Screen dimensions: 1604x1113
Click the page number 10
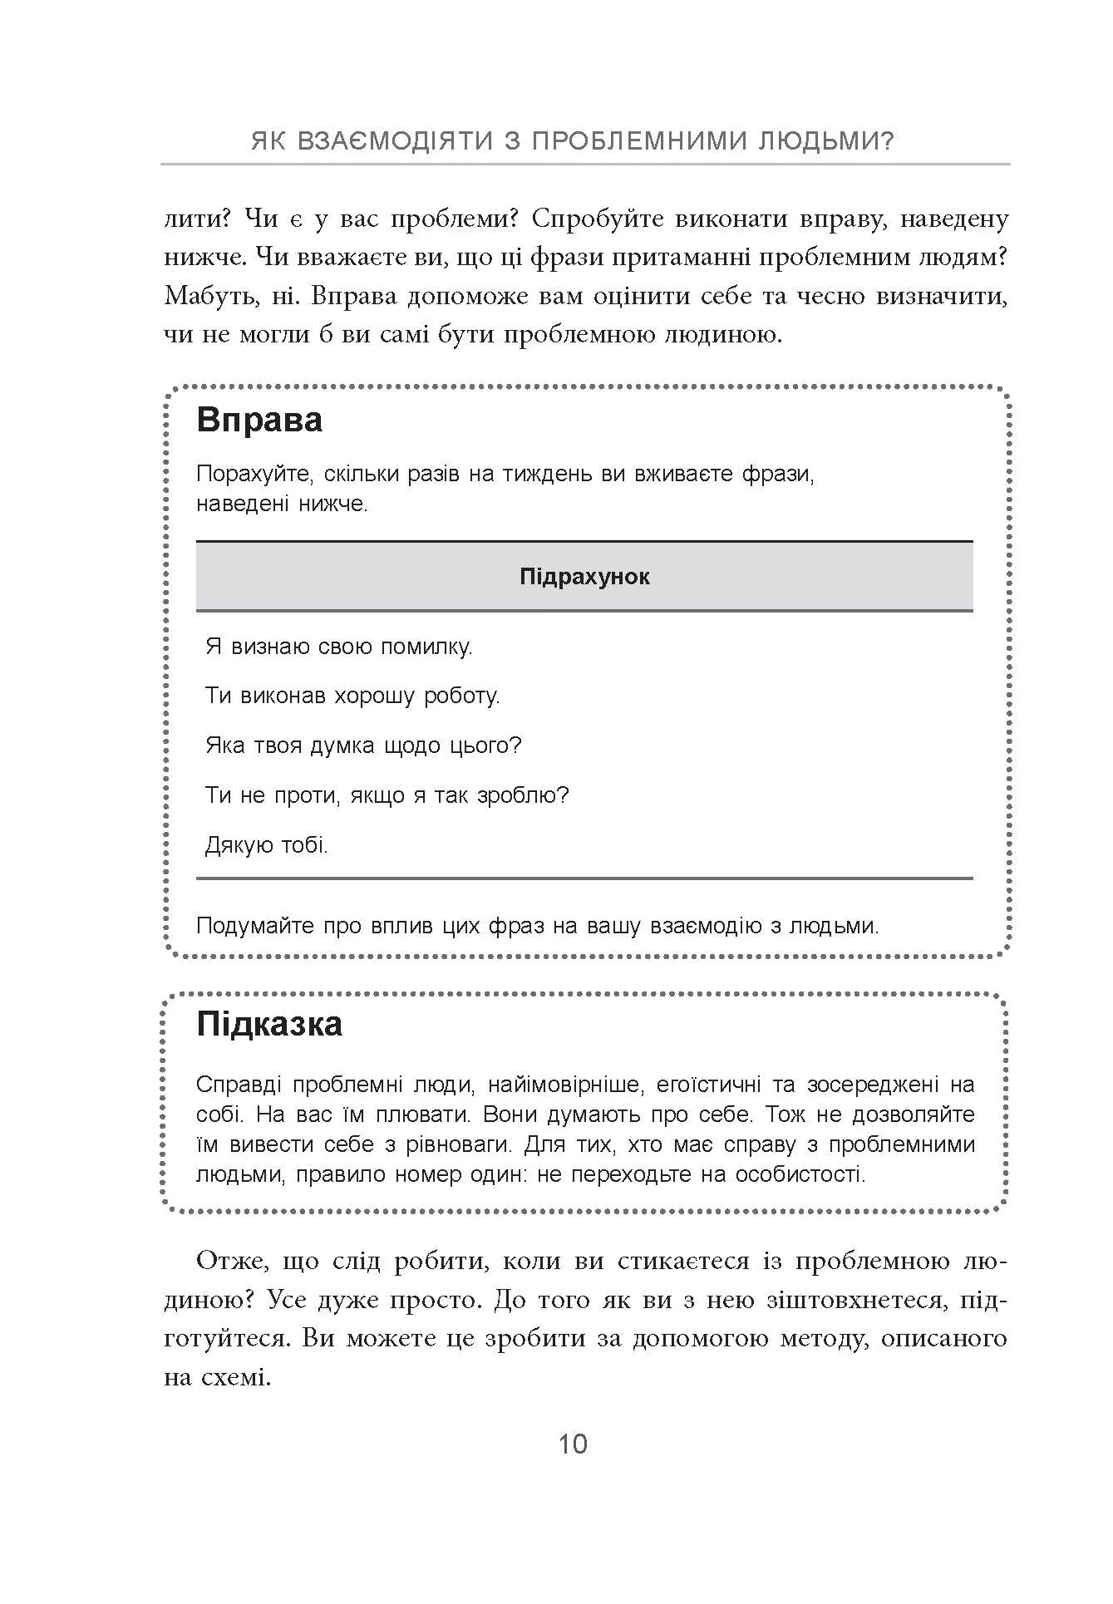[x=573, y=1444]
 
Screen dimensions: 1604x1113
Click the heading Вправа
[x=259, y=420]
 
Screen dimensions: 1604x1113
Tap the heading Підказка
[x=269, y=1024]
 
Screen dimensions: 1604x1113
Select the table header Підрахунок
[x=584, y=577]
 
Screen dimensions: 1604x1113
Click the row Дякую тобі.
[x=267, y=846]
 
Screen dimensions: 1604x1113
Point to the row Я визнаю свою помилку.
[x=339, y=647]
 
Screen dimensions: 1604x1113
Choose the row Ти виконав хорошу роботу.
[x=352, y=696]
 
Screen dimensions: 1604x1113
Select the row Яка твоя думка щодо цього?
[x=363, y=745]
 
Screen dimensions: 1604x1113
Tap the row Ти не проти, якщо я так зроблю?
[x=387, y=795]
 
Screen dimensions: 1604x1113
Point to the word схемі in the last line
[x=235, y=1378]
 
